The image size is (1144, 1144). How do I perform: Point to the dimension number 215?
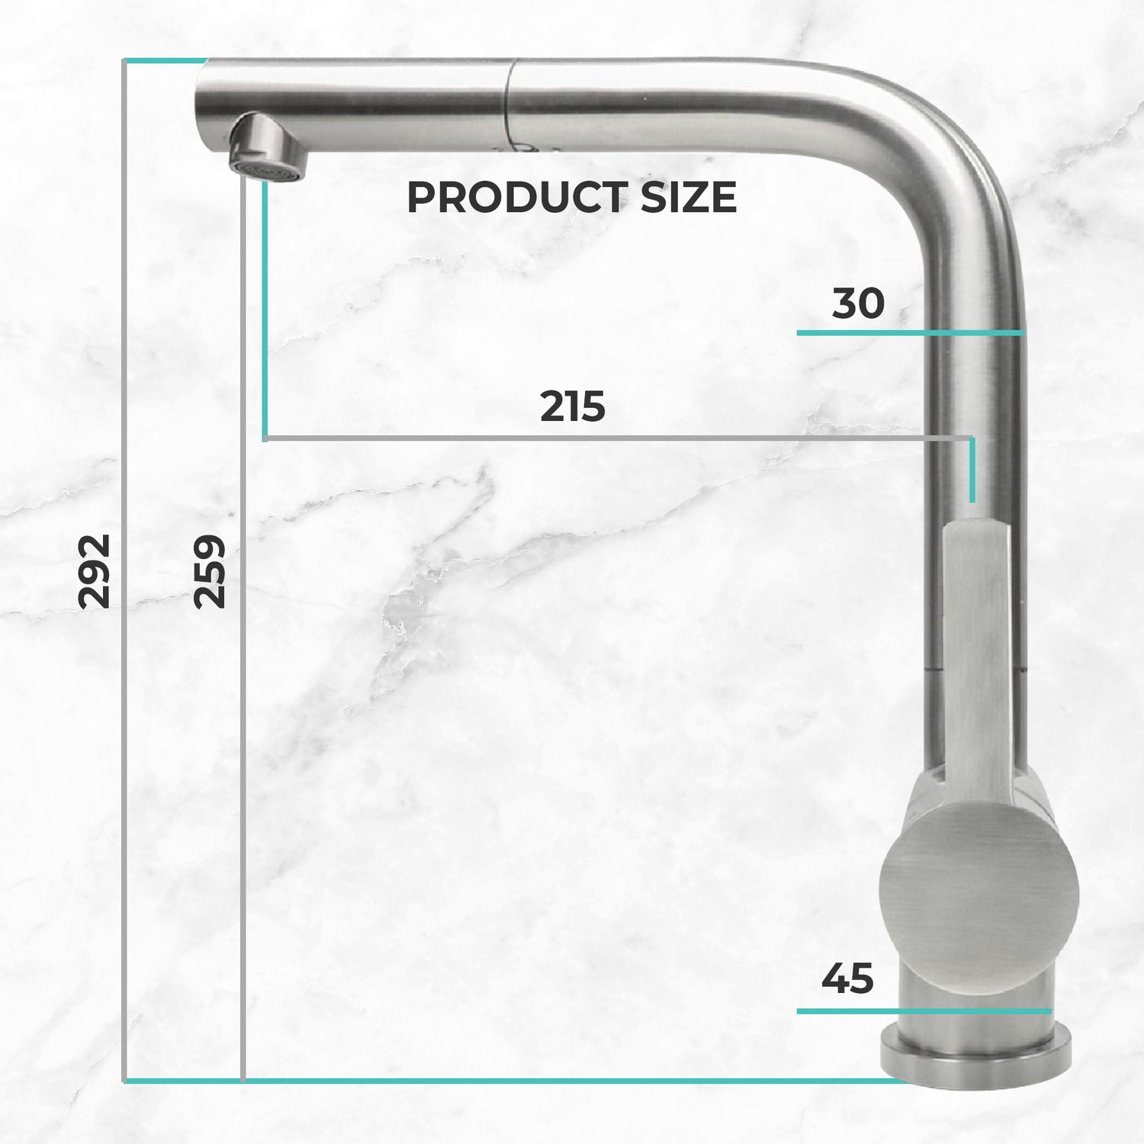(x=572, y=407)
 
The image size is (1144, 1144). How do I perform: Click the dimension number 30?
(x=858, y=304)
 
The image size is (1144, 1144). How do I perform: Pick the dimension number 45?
(x=847, y=979)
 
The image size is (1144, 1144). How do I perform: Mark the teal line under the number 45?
(x=924, y=1011)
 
